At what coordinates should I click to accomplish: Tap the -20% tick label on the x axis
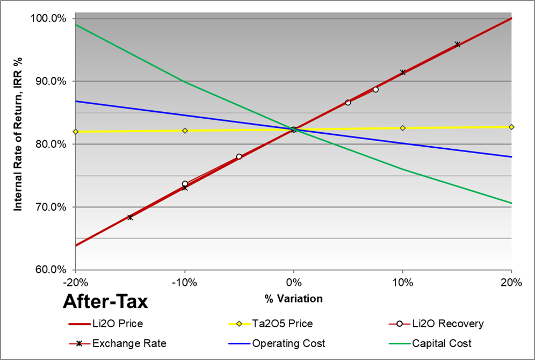point(75,283)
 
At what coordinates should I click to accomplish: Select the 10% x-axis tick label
point(402,283)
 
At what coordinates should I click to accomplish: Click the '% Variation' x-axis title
point(293,298)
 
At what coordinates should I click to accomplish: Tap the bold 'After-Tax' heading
point(105,302)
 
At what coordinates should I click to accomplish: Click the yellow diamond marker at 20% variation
point(511,127)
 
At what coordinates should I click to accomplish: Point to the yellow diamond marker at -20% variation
point(76,132)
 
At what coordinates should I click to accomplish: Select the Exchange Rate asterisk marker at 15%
point(457,45)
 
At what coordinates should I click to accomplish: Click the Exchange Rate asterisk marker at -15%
point(130,217)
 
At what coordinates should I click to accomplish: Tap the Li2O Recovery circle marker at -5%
point(239,157)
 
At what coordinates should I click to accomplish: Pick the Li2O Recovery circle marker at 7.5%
point(375,90)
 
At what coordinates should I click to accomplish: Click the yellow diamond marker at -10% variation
point(185,131)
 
